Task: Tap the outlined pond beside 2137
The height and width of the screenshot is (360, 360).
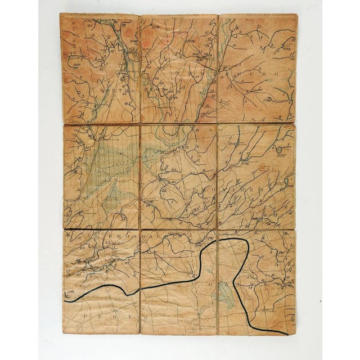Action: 279,147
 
